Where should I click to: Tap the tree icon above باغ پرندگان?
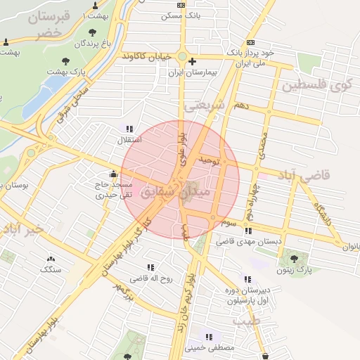pos(93,32)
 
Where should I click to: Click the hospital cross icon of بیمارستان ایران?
pos(192,62)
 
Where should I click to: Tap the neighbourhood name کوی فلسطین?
pos(316,86)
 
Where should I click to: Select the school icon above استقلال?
pos(129,129)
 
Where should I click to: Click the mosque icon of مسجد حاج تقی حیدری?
pos(113,174)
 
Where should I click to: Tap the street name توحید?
pos(210,160)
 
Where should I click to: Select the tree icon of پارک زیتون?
pos(303,258)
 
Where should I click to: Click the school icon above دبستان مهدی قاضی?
pos(248,230)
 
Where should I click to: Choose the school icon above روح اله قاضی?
pos(150,267)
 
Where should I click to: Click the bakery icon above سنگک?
pos(51,259)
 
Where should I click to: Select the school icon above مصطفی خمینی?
pos(209,336)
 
